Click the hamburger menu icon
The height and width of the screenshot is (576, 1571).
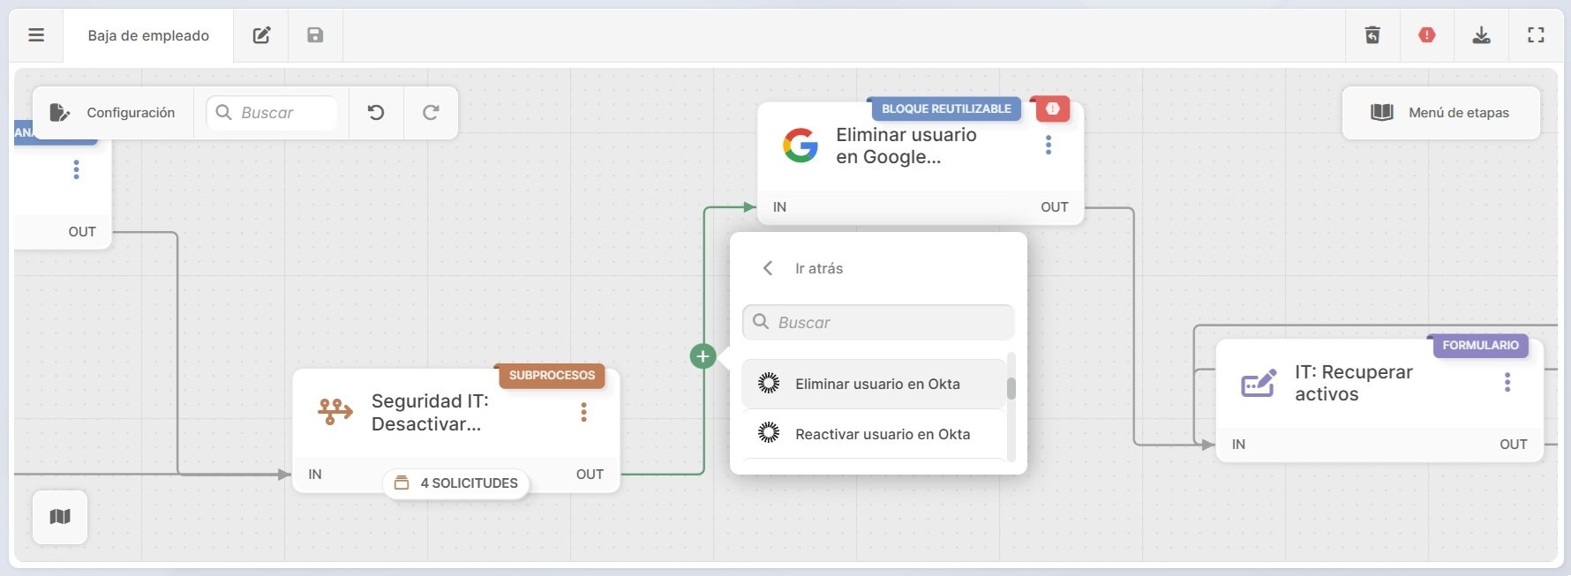tap(36, 35)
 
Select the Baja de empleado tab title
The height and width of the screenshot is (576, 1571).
tap(148, 35)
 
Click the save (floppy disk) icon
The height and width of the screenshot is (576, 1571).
tap(315, 35)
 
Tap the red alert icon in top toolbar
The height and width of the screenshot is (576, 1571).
tap(1427, 35)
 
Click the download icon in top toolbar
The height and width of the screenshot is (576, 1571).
tap(1482, 35)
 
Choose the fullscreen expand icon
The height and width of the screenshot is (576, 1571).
tap(1537, 35)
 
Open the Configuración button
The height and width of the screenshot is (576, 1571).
tap(113, 113)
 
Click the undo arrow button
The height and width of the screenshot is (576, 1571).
tap(376, 113)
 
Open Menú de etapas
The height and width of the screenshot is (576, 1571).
tap(1441, 113)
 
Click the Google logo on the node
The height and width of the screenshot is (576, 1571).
tap(801, 146)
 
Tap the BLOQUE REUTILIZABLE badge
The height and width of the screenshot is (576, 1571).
tap(946, 108)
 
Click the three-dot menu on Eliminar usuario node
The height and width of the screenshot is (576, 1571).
tap(1049, 146)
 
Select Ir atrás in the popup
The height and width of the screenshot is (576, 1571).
tap(817, 268)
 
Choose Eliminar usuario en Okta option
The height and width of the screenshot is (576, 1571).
tap(876, 384)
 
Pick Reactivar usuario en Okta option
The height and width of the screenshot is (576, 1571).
tap(882, 434)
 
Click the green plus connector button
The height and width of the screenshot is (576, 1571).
tap(703, 356)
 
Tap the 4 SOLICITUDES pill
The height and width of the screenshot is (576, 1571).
tap(456, 483)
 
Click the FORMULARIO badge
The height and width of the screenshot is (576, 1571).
tap(1480, 345)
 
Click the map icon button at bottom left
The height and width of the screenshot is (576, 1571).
tap(60, 517)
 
